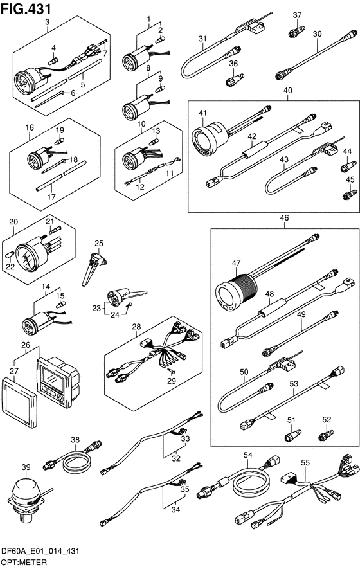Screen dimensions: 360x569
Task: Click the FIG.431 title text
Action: (x=26, y=8)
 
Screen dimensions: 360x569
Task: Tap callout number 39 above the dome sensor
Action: (x=26, y=467)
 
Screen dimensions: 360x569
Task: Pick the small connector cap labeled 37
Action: (x=297, y=32)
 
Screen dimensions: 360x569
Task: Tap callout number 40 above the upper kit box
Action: (x=288, y=90)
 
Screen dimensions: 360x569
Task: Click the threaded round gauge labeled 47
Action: (x=236, y=291)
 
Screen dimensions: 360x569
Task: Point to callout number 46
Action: (x=284, y=218)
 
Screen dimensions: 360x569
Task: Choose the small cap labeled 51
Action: (x=292, y=435)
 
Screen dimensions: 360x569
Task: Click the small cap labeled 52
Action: (x=326, y=435)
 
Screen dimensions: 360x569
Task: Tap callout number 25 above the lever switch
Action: (x=99, y=244)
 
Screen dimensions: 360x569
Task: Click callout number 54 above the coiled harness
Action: (x=248, y=455)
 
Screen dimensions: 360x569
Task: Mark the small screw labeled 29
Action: (x=172, y=370)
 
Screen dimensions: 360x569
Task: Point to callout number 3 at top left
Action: (x=47, y=22)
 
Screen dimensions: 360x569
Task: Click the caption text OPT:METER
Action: (x=24, y=563)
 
